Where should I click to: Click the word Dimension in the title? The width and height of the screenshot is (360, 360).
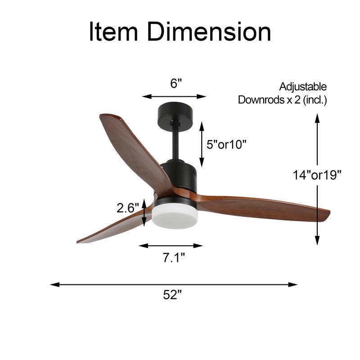pyautogui.click(x=209, y=32)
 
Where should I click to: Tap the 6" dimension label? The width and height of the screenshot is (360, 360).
pyautogui.click(x=176, y=83)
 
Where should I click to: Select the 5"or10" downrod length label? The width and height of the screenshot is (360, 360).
pyautogui.click(x=226, y=144)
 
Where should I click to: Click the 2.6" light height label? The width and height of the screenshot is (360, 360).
pyautogui.click(x=127, y=208)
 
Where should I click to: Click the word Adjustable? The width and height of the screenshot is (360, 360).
pyautogui.click(x=303, y=86)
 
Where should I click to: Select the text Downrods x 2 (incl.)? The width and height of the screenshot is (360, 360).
pyautogui.click(x=283, y=100)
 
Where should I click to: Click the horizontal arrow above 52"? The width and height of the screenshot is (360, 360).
pyautogui.click(x=174, y=284)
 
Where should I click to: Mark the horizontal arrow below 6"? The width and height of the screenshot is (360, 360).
pyautogui.click(x=174, y=96)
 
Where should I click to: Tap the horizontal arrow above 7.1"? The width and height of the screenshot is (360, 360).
pyautogui.click(x=171, y=246)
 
